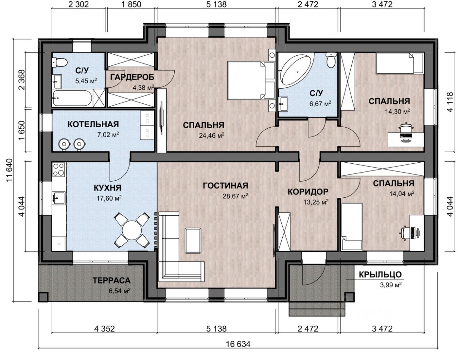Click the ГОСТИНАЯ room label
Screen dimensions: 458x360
225,186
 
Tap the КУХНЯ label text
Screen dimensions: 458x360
107,188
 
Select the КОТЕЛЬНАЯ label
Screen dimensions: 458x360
93,124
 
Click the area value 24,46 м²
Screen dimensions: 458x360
211,135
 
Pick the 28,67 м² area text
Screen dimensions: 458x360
235,196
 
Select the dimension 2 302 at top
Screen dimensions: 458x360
78,4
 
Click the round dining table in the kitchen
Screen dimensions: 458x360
132,230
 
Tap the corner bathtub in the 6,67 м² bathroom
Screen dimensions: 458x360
296,70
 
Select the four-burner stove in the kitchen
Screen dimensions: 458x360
59,169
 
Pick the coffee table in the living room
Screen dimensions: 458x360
193,241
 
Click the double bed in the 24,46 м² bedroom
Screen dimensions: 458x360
251,80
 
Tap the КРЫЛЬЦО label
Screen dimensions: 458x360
380,275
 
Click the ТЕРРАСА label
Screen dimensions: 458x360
112,281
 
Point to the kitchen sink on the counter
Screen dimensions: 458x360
59,198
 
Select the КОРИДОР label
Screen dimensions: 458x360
308,192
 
